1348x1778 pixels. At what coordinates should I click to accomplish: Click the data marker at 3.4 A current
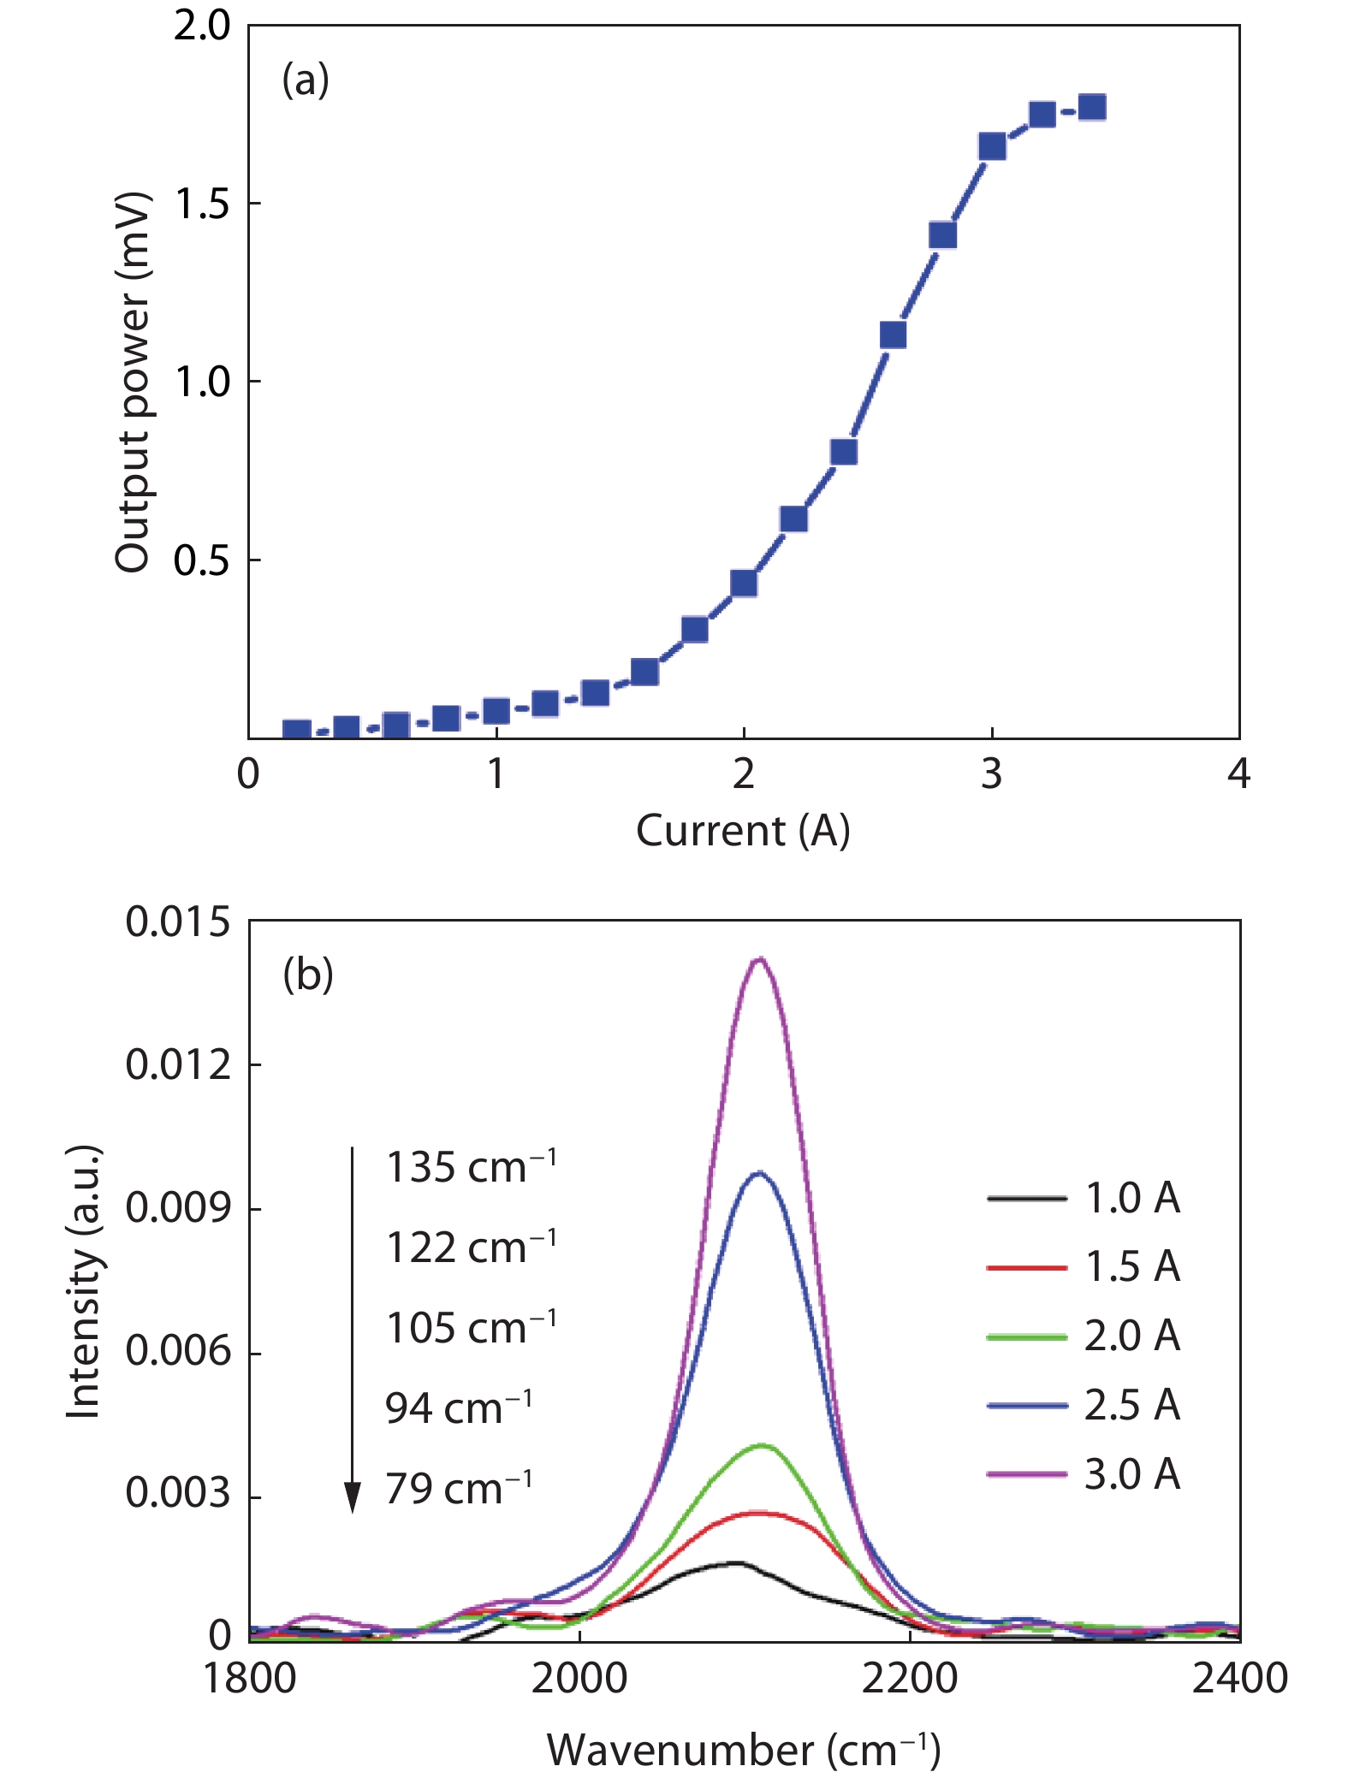click(x=1092, y=108)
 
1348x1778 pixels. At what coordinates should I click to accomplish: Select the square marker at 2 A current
click(x=744, y=584)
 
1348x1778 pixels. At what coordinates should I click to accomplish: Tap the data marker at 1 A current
click(x=496, y=711)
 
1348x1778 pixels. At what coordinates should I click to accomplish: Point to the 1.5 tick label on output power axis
click(x=202, y=204)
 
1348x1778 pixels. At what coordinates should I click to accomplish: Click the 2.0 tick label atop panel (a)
click(x=202, y=26)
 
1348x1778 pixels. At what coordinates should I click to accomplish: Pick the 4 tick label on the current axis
click(x=1238, y=774)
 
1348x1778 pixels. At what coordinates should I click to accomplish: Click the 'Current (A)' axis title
click(x=743, y=831)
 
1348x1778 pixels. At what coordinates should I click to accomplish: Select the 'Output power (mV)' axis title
click(x=133, y=382)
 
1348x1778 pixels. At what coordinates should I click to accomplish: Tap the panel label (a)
click(x=306, y=81)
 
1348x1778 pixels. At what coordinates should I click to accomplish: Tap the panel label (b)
click(x=308, y=975)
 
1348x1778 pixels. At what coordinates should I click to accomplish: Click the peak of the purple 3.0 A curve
click(x=759, y=959)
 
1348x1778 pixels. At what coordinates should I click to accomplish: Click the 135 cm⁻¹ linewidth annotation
click(x=471, y=1167)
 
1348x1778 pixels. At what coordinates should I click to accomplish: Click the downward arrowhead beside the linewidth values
click(x=352, y=1497)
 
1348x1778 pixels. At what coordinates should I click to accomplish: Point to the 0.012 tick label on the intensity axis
click(x=178, y=1065)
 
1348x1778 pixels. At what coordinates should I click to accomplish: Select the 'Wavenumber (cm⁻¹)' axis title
click(x=743, y=1750)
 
